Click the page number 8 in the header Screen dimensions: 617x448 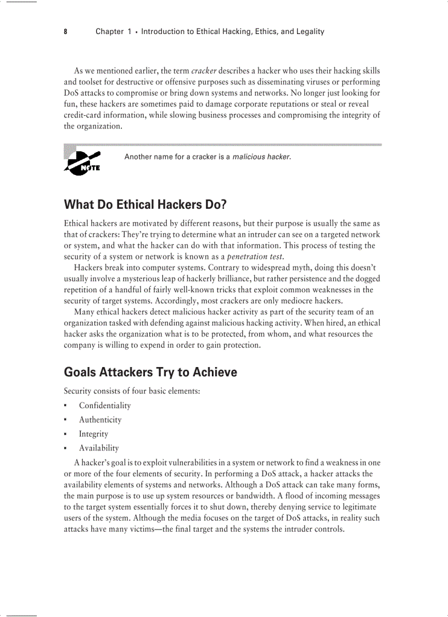pos(65,32)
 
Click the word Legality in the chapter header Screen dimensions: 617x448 pos(309,32)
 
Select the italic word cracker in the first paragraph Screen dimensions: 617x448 pos(204,71)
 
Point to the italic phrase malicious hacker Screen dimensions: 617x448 pos(261,157)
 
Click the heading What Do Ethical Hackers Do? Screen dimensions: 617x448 pos(145,205)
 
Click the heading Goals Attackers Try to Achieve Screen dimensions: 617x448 pos(150,373)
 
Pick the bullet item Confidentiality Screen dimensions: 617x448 pos(105,405)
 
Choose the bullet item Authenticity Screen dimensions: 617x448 pos(100,420)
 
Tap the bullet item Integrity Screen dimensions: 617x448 pos(93,434)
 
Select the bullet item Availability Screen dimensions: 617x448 pos(99,448)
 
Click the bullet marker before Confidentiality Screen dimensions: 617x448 pos(65,406)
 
